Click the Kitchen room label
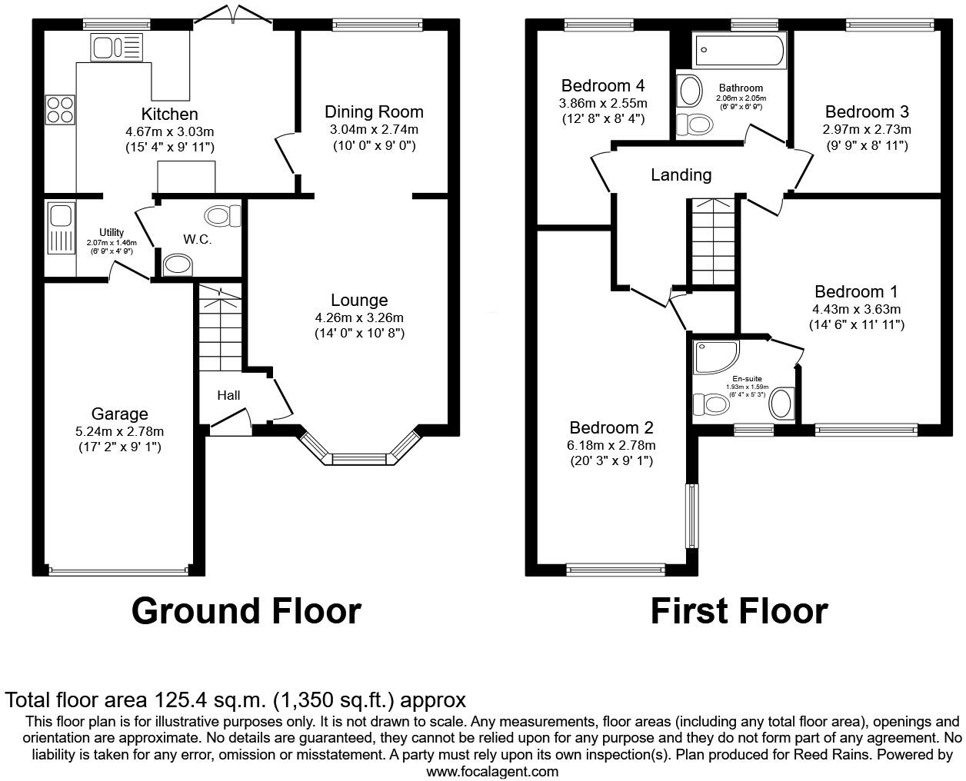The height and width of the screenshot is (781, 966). (169, 115)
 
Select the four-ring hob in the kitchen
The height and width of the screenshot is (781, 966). (60, 108)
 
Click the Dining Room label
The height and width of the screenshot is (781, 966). (374, 111)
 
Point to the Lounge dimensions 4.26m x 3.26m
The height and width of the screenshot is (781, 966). (359, 317)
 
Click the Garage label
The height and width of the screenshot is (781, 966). (119, 414)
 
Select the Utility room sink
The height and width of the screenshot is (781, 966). (59, 213)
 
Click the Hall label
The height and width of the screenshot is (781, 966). (228, 395)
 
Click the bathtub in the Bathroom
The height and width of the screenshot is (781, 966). (739, 51)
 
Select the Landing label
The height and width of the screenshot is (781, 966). (681, 174)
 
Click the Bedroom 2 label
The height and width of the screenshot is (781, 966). (611, 427)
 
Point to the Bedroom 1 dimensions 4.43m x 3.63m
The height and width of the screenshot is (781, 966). (856, 309)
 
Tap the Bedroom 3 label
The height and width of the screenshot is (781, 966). (867, 112)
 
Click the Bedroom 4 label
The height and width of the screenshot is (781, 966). (603, 85)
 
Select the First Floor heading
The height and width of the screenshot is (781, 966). (738, 611)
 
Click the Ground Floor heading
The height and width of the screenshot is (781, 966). (246, 611)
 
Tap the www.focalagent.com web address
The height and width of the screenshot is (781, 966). (492, 771)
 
